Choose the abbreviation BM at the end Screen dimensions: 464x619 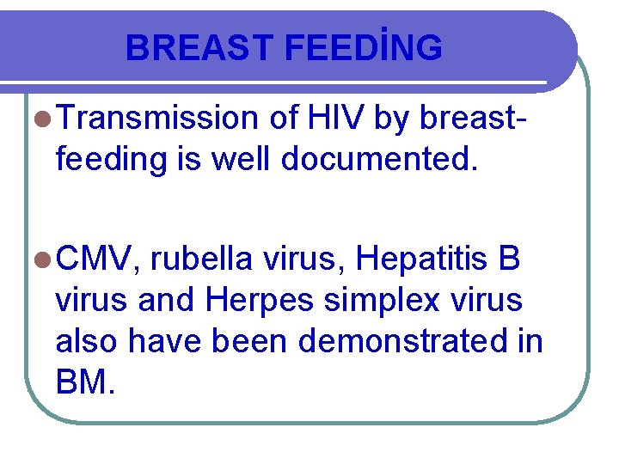[x=81, y=382]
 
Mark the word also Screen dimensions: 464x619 [x=87, y=341]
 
